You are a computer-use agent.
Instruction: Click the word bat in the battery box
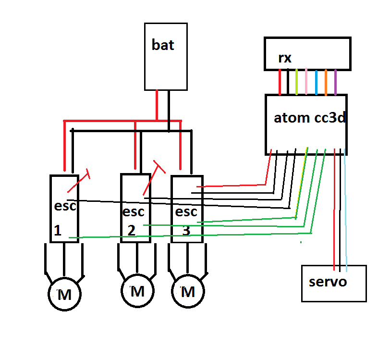pyautogui.click(x=163, y=46)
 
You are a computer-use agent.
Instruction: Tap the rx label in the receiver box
pyautogui.click(x=284, y=58)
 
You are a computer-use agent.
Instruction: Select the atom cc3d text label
pyautogui.click(x=310, y=118)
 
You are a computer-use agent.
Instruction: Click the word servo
pyautogui.click(x=328, y=281)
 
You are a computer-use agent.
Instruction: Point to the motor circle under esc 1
pyautogui.click(x=64, y=295)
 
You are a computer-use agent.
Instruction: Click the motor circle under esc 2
pyautogui.click(x=137, y=291)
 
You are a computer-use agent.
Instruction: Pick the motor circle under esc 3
pyautogui.click(x=188, y=291)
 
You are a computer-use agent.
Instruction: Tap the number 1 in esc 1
pyautogui.click(x=58, y=231)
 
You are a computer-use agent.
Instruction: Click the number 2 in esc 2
pyautogui.click(x=131, y=230)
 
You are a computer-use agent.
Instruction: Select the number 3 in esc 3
pyautogui.click(x=186, y=231)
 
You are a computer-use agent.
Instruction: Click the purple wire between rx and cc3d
pyautogui.click(x=335, y=82)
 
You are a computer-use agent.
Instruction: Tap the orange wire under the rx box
pyautogui.click(x=326, y=82)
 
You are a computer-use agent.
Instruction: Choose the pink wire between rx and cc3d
pyautogui.click(x=306, y=82)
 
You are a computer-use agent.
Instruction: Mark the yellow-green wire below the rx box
pyautogui.click(x=297, y=82)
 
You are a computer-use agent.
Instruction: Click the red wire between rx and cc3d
pyautogui.click(x=280, y=82)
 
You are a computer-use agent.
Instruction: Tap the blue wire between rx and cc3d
pyautogui.click(x=316, y=82)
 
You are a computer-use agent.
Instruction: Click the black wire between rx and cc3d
pyautogui.click(x=288, y=82)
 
